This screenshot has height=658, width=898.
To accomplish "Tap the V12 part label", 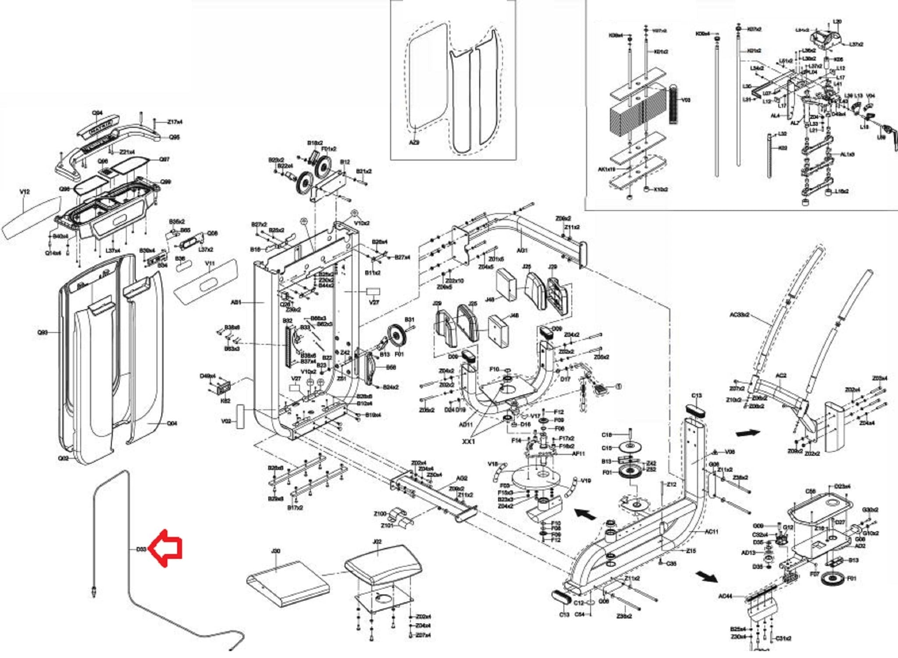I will click(x=25, y=192).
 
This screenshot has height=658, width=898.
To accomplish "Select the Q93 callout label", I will click(x=43, y=333).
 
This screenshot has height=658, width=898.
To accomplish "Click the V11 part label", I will click(x=210, y=263).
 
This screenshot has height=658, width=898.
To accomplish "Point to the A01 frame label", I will click(x=236, y=302).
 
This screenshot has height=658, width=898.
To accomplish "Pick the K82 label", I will click(x=225, y=401).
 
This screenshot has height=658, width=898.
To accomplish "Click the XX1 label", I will click(x=468, y=441).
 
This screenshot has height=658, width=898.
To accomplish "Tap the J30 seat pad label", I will click(x=275, y=551).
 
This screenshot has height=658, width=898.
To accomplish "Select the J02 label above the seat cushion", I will click(x=377, y=542).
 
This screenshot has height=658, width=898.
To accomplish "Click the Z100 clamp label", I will click(x=380, y=514).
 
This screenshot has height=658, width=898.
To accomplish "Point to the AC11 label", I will click(x=711, y=532).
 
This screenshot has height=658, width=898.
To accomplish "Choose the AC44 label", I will click(x=725, y=596).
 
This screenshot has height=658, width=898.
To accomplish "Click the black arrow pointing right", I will click(x=748, y=433).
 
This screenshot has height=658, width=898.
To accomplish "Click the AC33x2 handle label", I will click(x=739, y=315).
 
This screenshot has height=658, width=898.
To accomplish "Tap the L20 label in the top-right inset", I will click(x=837, y=21).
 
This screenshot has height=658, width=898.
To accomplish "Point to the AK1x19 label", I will click(x=606, y=169).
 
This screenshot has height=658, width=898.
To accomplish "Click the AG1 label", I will click(x=522, y=250).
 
